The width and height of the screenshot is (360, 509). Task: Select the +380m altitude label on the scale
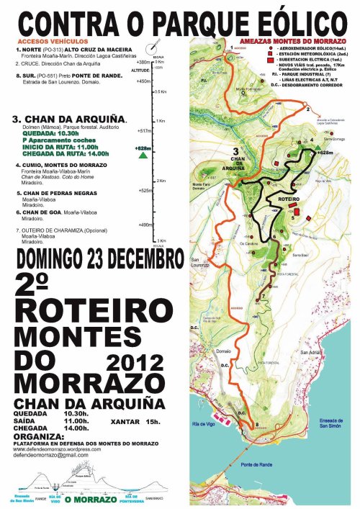[x=143, y=62]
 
